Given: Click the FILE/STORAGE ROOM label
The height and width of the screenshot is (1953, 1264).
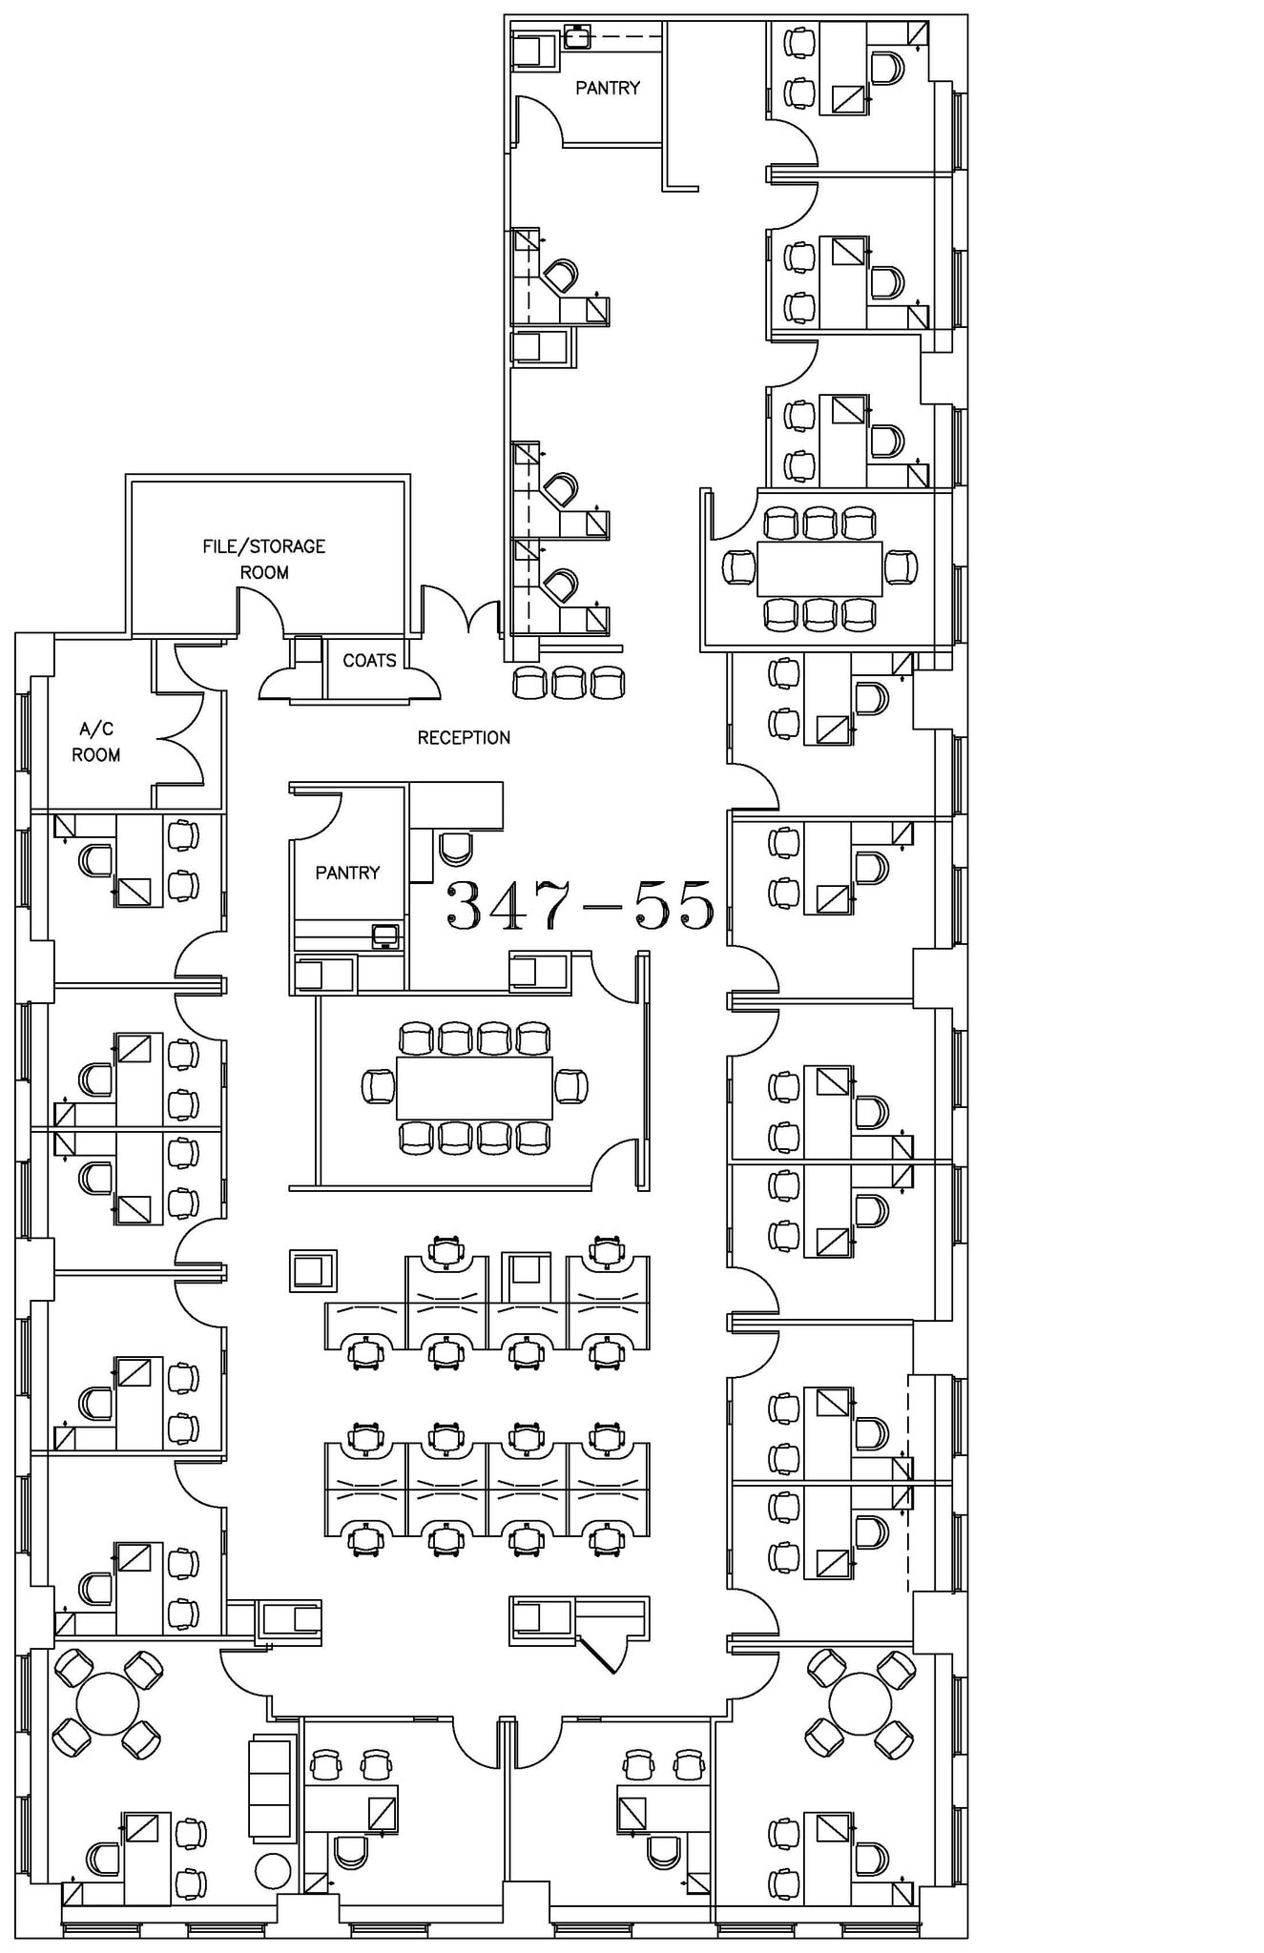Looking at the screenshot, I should [x=263, y=559].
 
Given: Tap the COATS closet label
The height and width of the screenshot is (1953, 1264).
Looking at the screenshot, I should [x=369, y=660].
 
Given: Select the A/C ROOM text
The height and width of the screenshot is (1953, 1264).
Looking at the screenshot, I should [x=96, y=742].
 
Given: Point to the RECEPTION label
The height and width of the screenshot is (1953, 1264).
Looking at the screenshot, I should [x=464, y=737].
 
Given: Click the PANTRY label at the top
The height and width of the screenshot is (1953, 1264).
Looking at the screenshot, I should [x=608, y=88].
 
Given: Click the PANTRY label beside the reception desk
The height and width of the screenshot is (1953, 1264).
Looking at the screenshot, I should [x=347, y=873].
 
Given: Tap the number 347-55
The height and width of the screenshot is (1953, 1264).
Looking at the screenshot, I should [x=581, y=905].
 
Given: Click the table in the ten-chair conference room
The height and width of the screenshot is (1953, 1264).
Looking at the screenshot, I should [x=474, y=1087].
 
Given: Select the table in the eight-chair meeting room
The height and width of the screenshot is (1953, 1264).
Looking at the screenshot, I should [x=819, y=568].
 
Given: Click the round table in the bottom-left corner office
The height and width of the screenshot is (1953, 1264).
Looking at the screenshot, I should [x=107, y=1703].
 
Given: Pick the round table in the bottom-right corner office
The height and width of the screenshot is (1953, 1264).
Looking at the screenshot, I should [x=860, y=1703].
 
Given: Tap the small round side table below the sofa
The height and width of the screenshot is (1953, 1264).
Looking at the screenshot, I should [x=273, y=1871].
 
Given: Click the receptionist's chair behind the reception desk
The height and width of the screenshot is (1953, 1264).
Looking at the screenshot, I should [x=455, y=846].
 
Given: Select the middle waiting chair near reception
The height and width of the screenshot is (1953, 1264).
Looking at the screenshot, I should [x=569, y=683].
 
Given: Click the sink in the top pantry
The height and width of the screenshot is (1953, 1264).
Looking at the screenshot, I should [x=576, y=37].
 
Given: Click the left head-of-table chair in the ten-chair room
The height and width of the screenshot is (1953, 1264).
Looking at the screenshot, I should [x=378, y=1087].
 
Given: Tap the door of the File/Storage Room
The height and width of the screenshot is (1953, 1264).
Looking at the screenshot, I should [x=260, y=610].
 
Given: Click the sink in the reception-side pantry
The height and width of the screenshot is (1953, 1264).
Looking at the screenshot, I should [x=384, y=935].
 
